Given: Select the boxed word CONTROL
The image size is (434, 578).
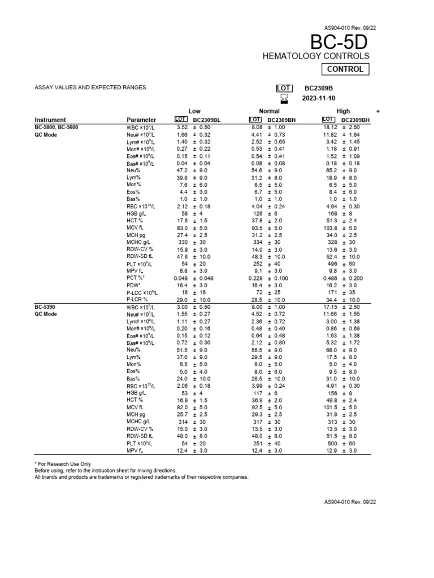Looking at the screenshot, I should pos(345,69).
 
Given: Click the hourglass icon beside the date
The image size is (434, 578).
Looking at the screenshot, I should pos(284,99).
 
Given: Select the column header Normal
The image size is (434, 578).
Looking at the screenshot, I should pos(269,112).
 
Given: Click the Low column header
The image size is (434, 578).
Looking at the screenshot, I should pos(194,112).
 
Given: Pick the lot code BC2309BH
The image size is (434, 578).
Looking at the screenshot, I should pos(355,120).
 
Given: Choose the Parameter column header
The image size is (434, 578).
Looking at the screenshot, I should pos(141,120).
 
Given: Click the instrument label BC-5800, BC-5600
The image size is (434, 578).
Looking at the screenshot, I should pos(57,128).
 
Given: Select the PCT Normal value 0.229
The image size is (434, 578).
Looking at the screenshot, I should pos(258,279).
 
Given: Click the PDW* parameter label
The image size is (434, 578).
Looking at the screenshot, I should pos(133,286).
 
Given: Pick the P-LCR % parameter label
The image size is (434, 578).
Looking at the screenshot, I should pos(137,300).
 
